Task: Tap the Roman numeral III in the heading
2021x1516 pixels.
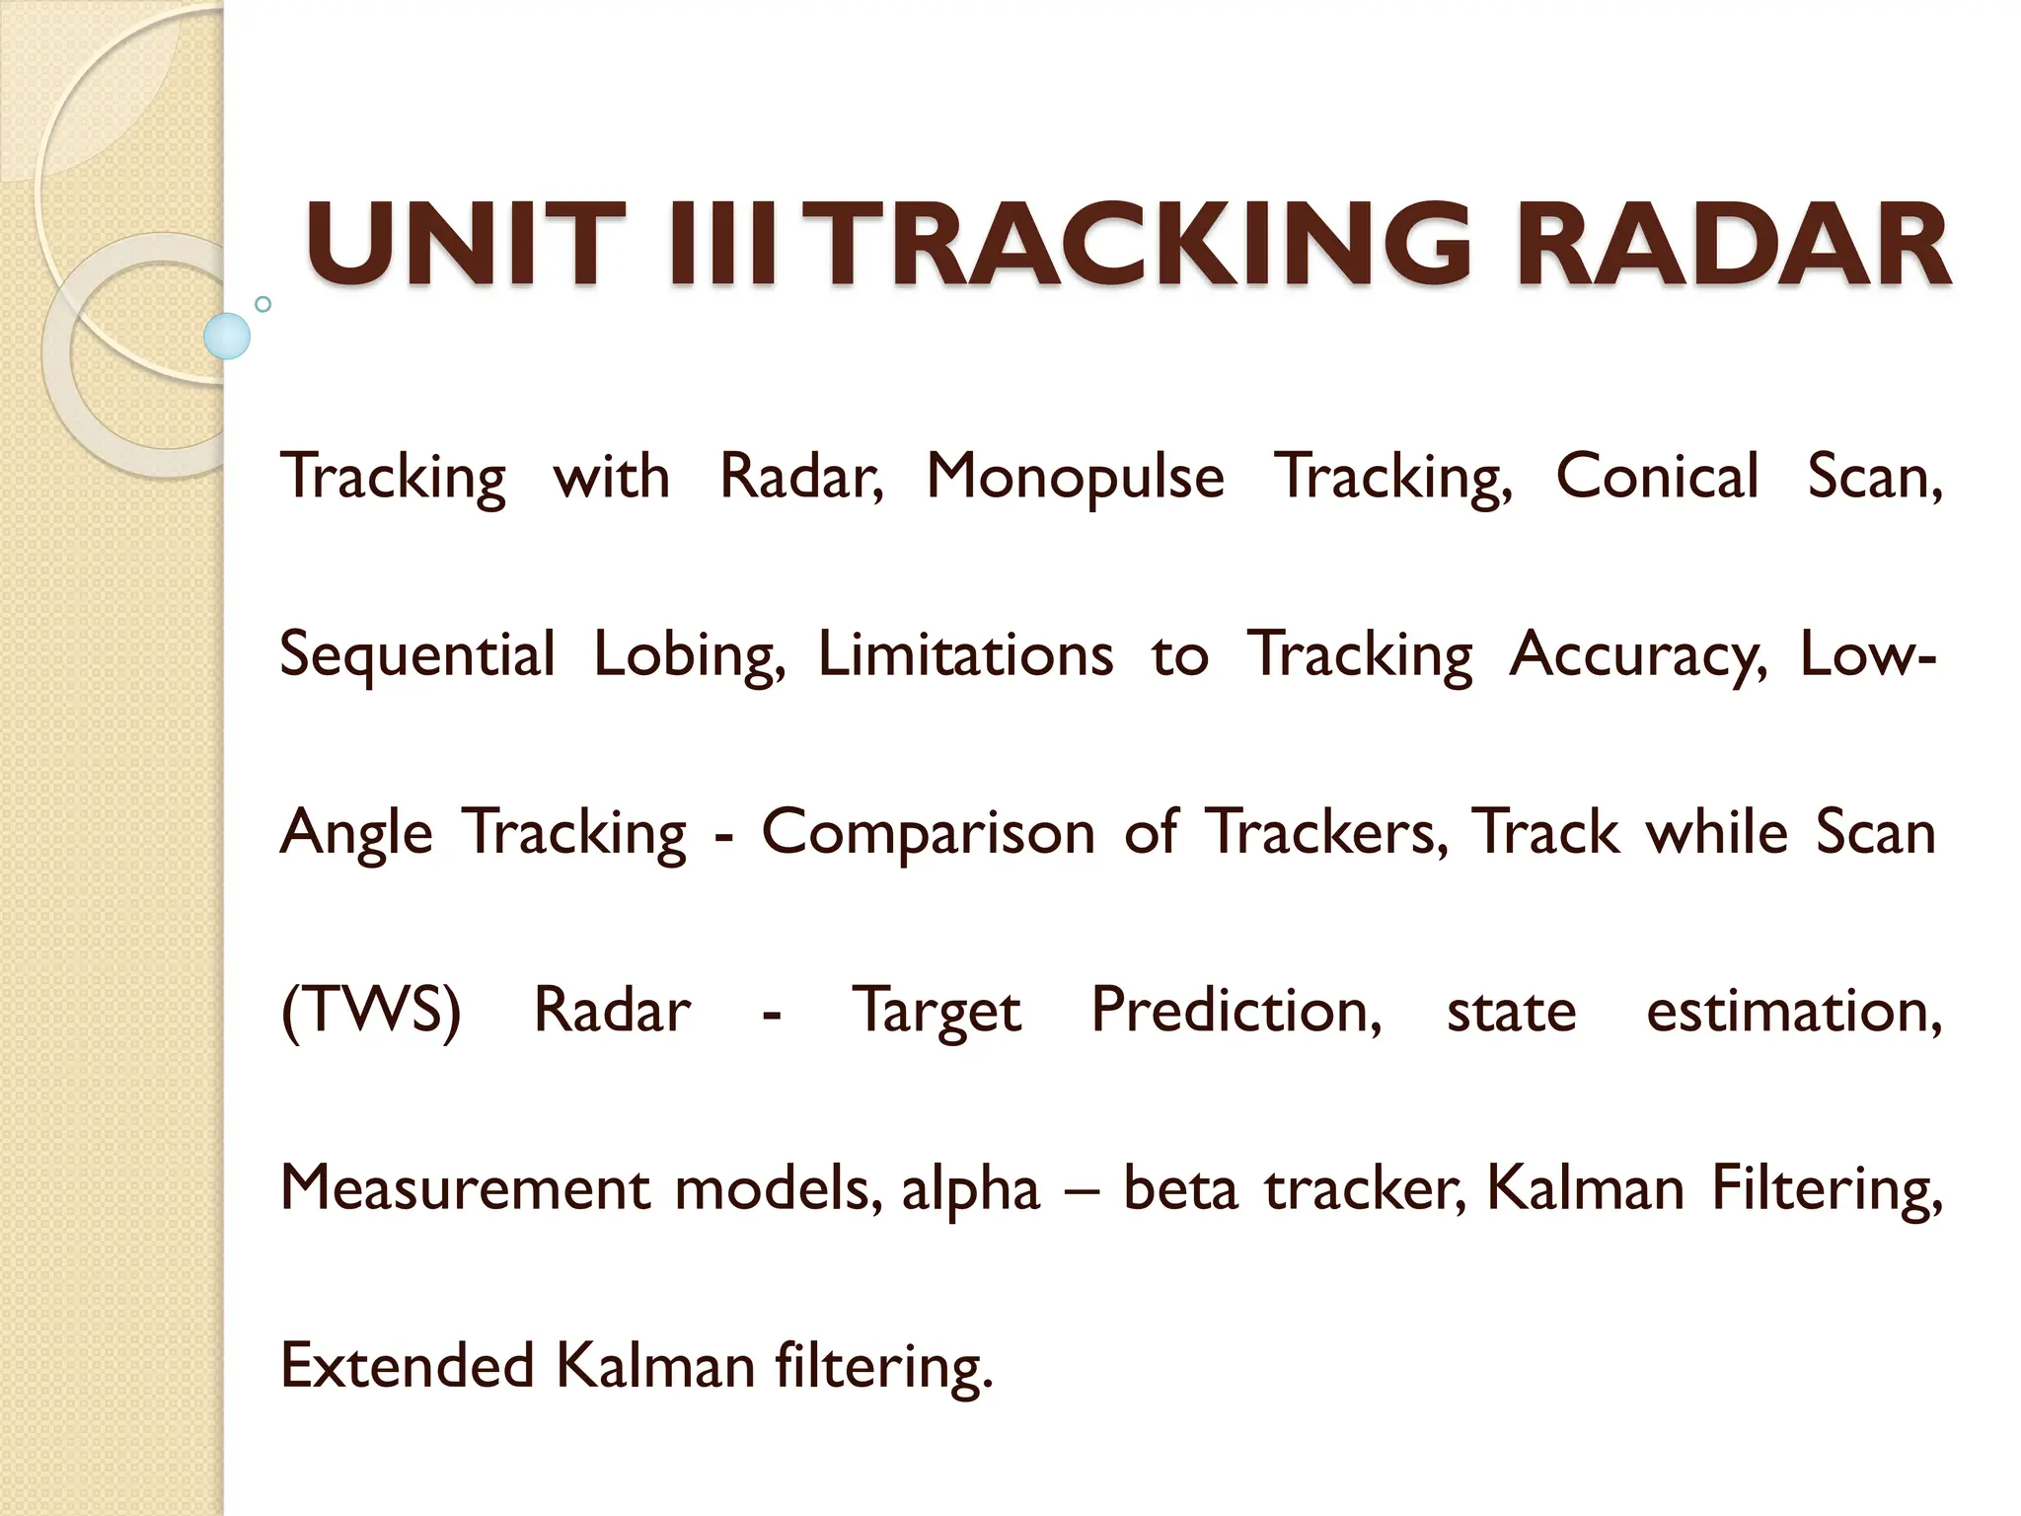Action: pyautogui.click(x=731, y=244)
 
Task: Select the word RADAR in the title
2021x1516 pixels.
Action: pyautogui.click(x=1733, y=244)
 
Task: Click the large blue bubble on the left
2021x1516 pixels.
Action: pyautogui.click(x=227, y=336)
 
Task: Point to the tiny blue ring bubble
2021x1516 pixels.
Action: pyautogui.click(x=262, y=304)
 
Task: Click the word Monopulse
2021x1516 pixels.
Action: pyautogui.click(x=1075, y=478)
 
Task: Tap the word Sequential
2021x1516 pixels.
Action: pyautogui.click(x=416, y=655)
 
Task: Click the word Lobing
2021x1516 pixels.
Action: pyautogui.click(x=689, y=655)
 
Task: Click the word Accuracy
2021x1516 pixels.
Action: pyautogui.click(x=1638, y=655)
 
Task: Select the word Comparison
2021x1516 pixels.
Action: pyautogui.click(x=928, y=833)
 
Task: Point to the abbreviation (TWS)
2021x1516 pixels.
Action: pyautogui.click(x=370, y=1011)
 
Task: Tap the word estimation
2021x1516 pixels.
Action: pyautogui.click(x=1793, y=1011)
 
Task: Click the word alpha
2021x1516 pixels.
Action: pyautogui.click(x=970, y=1189)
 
